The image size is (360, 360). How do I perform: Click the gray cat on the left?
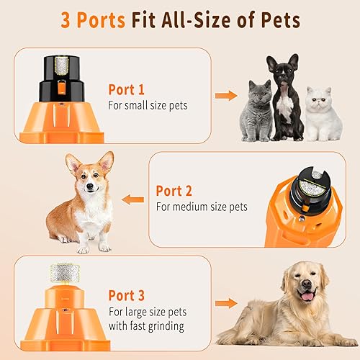coord(253,112)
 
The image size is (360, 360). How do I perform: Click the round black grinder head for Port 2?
coord(312,179)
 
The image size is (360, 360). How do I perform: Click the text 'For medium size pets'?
coord(202,207)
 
